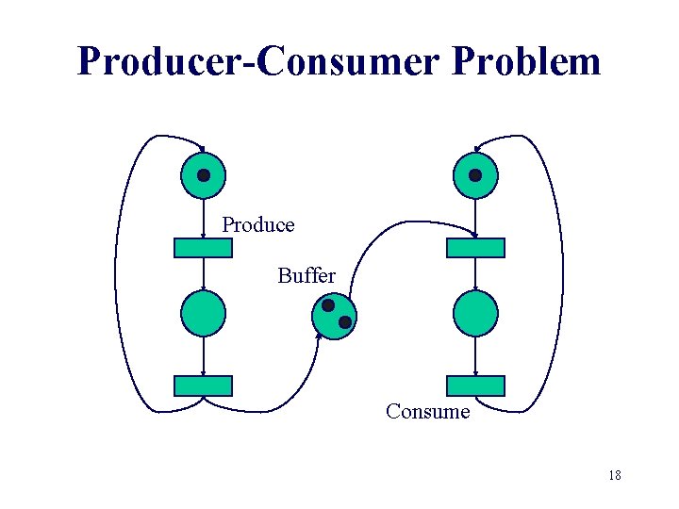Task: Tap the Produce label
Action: [x=258, y=225]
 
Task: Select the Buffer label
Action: [x=306, y=276]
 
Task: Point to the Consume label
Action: [x=427, y=412]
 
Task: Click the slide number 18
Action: [x=615, y=475]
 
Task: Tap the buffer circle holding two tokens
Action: [x=335, y=315]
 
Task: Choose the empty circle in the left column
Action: [x=203, y=314]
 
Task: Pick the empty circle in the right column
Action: [x=475, y=314]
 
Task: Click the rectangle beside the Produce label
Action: [x=203, y=248]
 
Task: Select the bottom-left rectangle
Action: [x=203, y=386]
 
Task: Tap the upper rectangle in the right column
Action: [x=475, y=248]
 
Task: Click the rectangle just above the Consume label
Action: [x=475, y=386]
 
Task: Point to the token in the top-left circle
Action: [x=203, y=175]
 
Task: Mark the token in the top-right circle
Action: [x=475, y=175]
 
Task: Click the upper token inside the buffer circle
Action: [x=327, y=306]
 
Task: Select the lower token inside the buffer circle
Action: [x=345, y=322]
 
